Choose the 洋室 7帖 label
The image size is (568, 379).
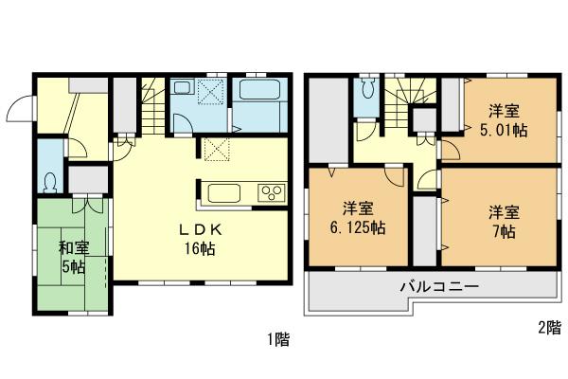(x=502, y=219)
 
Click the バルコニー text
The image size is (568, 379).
(x=437, y=286)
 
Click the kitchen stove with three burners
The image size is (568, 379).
(x=271, y=193)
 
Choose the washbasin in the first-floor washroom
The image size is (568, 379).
(x=184, y=91)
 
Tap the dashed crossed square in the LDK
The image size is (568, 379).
(x=217, y=150)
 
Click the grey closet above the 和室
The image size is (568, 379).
(x=85, y=177)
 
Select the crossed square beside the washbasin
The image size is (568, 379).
(x=213, y=91)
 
